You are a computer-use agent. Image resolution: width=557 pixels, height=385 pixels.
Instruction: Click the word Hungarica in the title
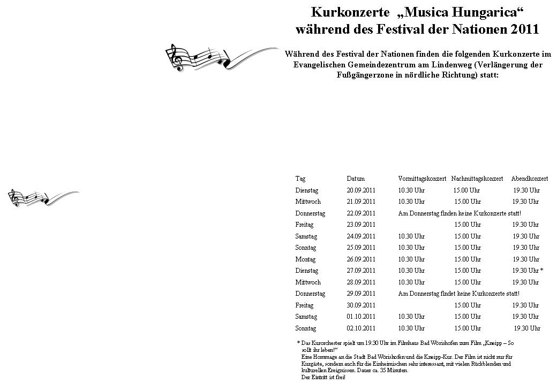(485, 11)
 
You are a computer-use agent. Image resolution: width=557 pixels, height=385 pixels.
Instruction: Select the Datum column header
(355, 179)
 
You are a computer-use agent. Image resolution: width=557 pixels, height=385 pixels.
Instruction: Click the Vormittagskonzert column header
(422, 179)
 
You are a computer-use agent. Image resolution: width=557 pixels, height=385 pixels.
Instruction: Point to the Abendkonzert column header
(529, 179)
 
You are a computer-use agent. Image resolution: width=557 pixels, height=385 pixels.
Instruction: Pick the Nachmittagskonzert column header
(477, 179)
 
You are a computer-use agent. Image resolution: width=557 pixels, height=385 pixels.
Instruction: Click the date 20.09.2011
(361, 190)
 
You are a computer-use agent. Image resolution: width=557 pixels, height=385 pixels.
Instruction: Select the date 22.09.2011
(361, 213)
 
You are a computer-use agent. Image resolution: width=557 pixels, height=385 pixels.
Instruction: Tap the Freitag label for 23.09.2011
(304, 225)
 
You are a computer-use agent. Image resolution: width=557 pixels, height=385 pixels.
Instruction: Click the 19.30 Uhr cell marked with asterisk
(528, 271)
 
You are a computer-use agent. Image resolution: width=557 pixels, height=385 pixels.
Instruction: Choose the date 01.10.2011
(361, 317)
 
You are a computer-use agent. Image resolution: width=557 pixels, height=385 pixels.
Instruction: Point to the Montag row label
(305, 259)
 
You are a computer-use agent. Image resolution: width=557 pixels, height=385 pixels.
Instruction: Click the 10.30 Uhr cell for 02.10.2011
(411, 328)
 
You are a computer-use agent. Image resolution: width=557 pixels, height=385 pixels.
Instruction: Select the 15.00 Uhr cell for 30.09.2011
(468, 305)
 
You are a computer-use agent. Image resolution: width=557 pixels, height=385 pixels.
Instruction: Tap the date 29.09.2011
(361, 294)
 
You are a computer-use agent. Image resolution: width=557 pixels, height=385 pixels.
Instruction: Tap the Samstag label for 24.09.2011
(306, 236)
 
